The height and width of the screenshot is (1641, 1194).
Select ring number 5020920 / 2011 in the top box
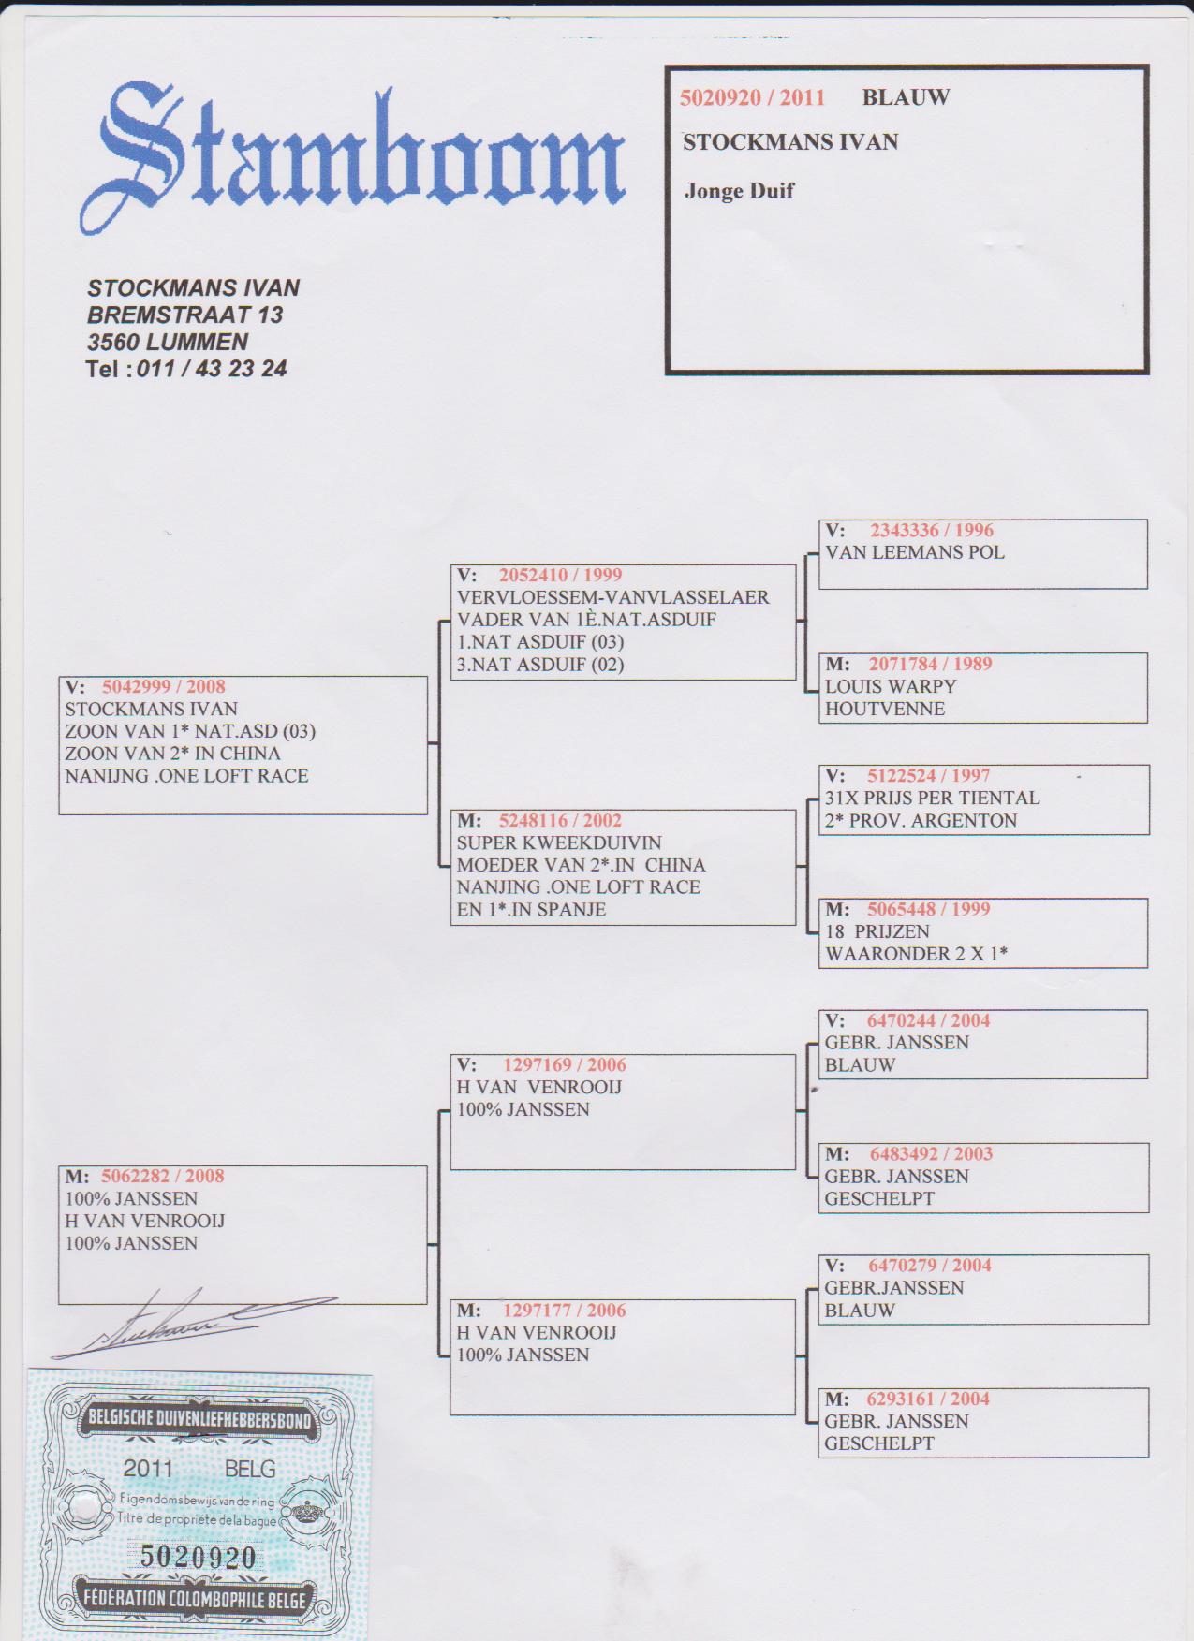point(752,97)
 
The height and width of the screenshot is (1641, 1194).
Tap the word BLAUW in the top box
point(906,97)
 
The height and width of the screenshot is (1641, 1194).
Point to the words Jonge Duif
point(739,191)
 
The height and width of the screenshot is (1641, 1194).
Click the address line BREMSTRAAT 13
point(185,315)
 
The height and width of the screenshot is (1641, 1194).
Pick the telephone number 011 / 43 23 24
point(212,369)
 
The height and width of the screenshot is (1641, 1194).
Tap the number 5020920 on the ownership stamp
point(198,1556)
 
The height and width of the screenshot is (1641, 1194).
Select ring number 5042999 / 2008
point(164,686)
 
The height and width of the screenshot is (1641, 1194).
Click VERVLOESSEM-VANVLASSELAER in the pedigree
point(613,597)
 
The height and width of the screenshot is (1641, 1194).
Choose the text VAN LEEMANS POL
point(915,552)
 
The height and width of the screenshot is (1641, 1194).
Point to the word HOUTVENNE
point(885,709)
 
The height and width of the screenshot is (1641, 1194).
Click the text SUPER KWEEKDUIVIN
point(559,842)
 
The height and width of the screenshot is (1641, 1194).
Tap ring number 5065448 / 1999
point(928,909)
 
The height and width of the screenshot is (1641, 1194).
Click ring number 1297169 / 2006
point(565,1064)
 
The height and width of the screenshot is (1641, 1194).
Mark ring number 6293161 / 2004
point(928,1399)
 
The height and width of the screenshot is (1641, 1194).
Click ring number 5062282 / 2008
point(163,1176)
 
